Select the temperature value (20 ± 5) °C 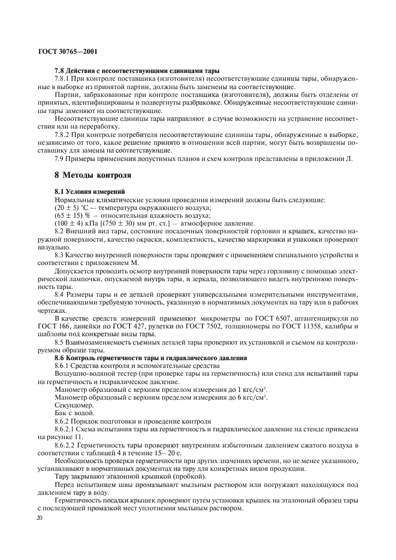[71, 206]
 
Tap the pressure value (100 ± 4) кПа [77, 222]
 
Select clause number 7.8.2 [64, 135]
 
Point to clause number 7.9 [59, 159]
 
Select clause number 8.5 [59, 342]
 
